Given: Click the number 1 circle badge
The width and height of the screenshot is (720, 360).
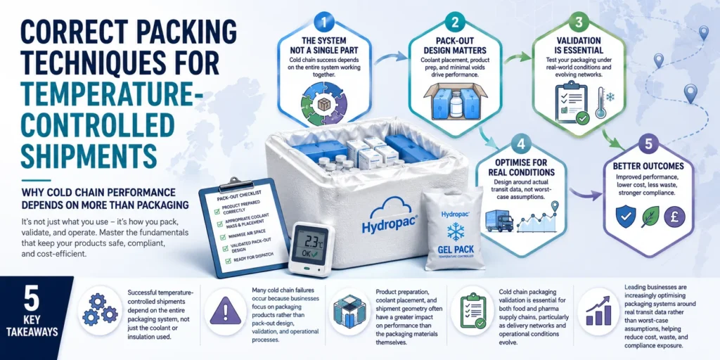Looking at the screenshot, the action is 323,22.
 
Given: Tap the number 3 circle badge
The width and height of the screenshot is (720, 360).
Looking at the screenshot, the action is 578,22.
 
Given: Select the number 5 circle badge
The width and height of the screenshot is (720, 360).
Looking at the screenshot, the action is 648,143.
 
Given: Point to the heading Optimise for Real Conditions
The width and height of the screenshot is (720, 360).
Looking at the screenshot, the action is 520,168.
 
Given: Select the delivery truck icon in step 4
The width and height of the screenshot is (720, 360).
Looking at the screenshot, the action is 499,221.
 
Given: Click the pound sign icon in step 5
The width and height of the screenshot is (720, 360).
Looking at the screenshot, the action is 674,217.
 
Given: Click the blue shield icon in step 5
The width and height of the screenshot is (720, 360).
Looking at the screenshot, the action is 625,217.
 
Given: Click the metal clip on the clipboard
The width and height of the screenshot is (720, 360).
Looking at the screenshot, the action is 235,183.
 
